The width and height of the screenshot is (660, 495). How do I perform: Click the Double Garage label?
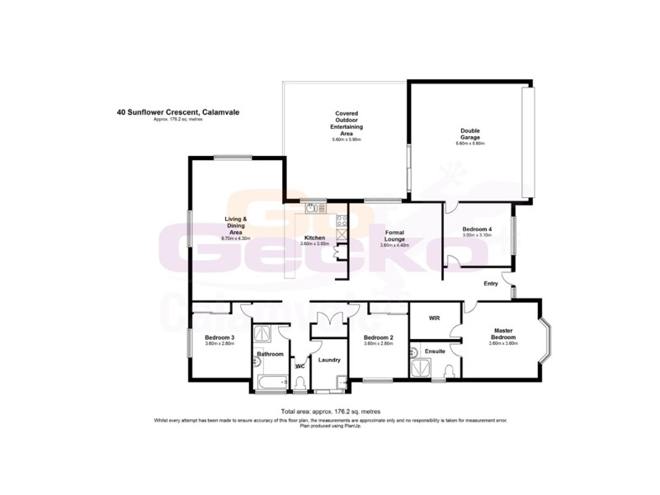click(x=469, y=134)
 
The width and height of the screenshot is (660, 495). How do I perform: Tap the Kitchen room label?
click(x=314, y=238)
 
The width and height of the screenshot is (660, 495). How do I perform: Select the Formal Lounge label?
click(x=393, y=237)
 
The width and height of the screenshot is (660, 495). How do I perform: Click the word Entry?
click(x=491, y=284)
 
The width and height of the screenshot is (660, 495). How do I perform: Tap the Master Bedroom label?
click(x=503, y=333)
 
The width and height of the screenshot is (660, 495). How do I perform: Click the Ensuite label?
click(x=435, y=351)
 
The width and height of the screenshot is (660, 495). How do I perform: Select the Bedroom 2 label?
click(x=378, y=338)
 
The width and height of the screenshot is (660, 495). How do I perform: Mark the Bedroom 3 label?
click(x=220, y=337)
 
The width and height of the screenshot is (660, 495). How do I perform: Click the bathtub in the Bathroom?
click(x=271, y=382)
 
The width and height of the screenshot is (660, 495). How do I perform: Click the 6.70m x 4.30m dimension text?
click(x=237, y=238)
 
